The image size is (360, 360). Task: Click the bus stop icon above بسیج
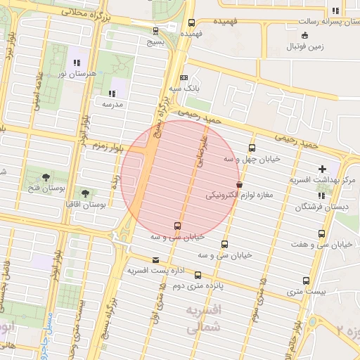pos(155,30)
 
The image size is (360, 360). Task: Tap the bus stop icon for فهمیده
pos(192,22)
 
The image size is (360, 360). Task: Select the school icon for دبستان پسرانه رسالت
pos(335,11)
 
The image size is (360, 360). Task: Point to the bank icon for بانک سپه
pos(184,78)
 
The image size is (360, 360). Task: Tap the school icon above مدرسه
pos(112,93)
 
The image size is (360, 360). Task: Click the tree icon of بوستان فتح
pos(46,176)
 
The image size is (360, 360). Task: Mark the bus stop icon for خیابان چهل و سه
pos(252,148)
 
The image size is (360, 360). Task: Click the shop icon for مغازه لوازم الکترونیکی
pos(240,184)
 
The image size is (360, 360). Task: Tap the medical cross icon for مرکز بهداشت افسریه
pos(322,169)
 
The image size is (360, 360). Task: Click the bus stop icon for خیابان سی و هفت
pos(321,233)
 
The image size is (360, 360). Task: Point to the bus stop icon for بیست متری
pos(305,280)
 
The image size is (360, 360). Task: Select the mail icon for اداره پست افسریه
pos(155,259)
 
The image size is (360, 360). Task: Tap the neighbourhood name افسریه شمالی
pos(205,319)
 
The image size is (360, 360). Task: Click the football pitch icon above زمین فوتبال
pos(304,35)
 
